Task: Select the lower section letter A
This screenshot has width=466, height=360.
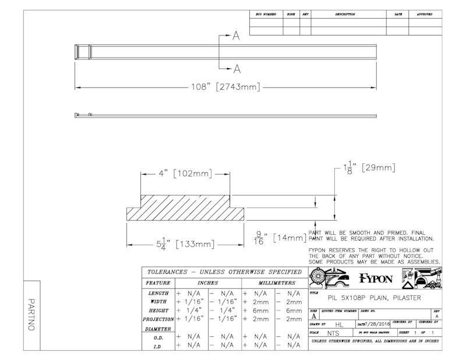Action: click(236, 69)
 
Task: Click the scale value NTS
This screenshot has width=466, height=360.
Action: click(333, 333)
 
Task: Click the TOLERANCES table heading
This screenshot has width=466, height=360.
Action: click(223, 272)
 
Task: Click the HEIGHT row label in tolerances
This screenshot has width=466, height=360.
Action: click(158, 310)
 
